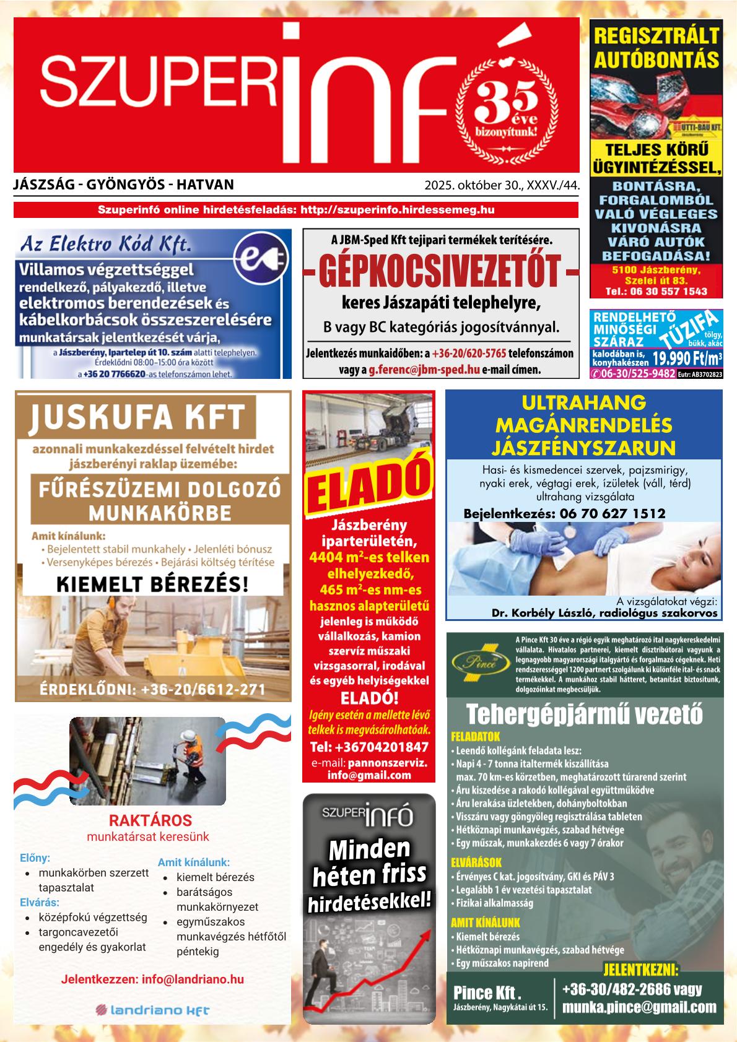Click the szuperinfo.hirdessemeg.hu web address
pos(397,210)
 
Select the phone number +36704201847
pos(368,746)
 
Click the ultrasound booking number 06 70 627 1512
pos(613,513)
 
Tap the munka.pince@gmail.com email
pos(639,1007)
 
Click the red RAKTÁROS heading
pos(150,821)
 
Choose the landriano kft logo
pos(152,1010)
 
